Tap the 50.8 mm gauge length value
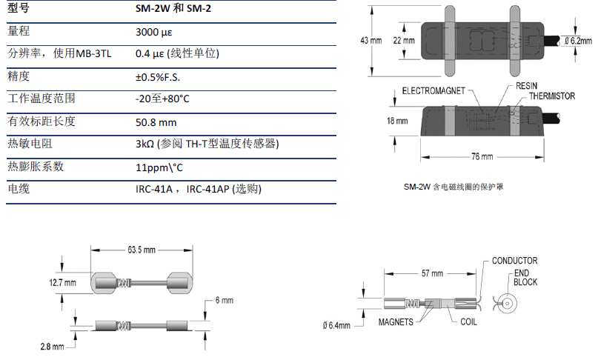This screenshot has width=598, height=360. [157, 122]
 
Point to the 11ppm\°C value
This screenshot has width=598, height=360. [160, 167]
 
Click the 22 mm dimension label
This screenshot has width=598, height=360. [404, 41]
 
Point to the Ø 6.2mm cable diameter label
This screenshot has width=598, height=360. [576, 41]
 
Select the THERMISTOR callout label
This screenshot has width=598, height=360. [551, 96]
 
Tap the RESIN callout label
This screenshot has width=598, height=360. [525, 87]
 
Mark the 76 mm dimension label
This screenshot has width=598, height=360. [482, 156]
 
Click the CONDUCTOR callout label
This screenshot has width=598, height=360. [514, 261]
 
